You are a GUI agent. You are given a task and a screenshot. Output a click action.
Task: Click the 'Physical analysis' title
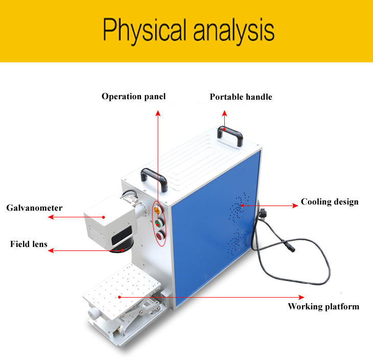click(x=189, y=31)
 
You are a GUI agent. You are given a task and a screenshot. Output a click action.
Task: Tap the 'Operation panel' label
click(x=133, y=97)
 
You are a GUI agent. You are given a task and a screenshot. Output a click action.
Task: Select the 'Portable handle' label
click(x=241, y=97)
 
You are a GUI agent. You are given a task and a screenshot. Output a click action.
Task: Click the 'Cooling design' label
click(x=330, y=201)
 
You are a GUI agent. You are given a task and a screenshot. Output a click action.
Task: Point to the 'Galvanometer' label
click(x=34, y=208)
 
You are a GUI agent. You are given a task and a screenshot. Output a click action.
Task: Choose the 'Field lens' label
click(x=29, y=244)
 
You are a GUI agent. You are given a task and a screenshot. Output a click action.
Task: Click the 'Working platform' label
click(x=323, y=306)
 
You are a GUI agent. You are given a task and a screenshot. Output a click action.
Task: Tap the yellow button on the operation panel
click(x=157, y=210)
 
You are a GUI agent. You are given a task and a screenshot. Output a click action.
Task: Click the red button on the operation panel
click(x=159, y=236)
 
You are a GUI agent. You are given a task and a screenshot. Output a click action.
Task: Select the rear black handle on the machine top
click(x=230, y=131)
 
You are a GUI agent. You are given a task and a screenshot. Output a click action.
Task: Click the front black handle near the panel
click(x=154, y=174)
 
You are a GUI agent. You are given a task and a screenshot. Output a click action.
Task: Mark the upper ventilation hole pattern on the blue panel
click(x=239, y=207)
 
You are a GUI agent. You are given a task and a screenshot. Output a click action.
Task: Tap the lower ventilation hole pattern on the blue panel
click(x=237, y=241)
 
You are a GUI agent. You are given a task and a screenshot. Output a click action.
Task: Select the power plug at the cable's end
click(x=263, y=212)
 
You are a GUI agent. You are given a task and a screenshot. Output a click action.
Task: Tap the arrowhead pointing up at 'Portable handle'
click(x=224, y=113)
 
